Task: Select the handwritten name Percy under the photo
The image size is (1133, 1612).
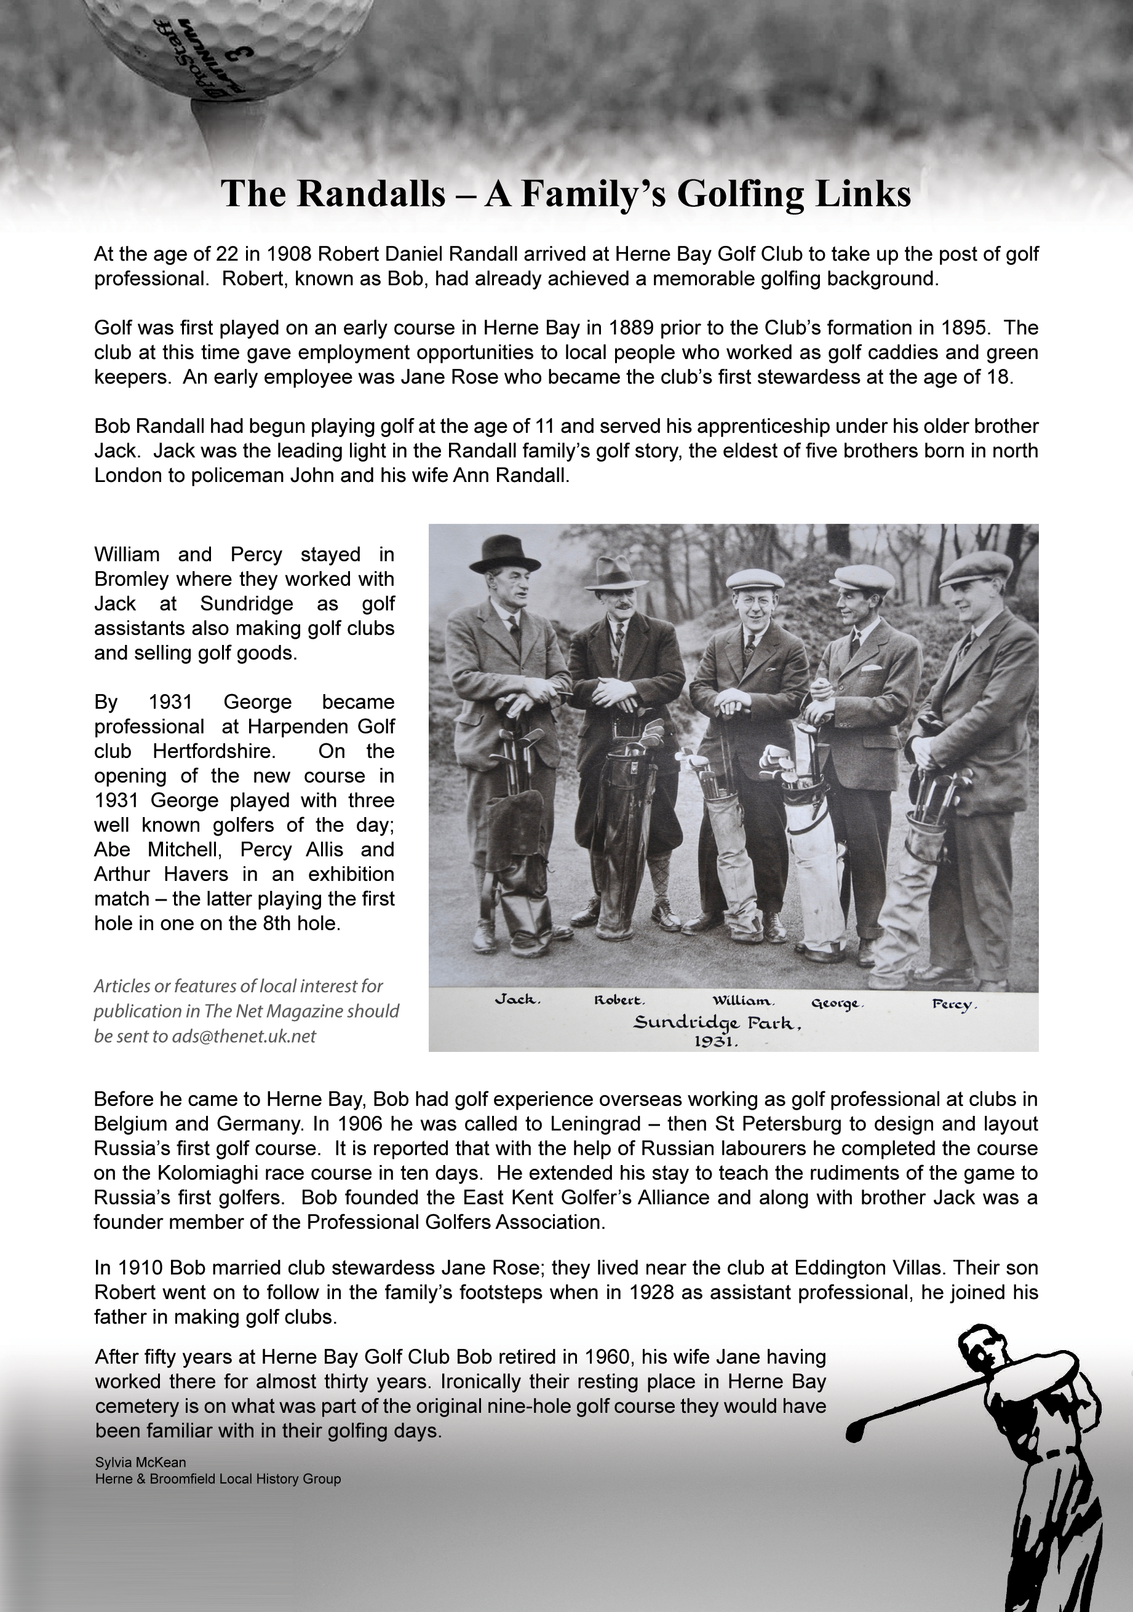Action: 954,1004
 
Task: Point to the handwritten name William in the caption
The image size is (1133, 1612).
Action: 743,1000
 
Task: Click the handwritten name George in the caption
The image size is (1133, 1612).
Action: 837,1003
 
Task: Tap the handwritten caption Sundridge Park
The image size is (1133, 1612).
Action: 717,1023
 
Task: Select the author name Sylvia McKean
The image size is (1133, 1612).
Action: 140,1462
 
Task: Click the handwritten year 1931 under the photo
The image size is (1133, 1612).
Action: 716,1042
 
